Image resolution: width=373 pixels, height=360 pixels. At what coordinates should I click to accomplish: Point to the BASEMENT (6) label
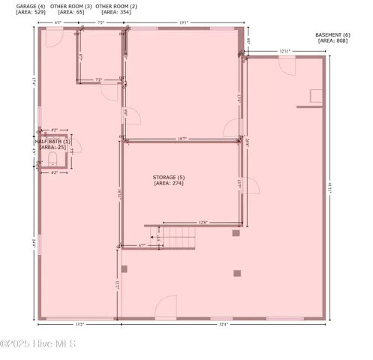pyautogui.click(x=333, y=35)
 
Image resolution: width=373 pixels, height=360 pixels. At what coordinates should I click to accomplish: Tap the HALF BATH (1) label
pyautogui.click(x=53, y=141)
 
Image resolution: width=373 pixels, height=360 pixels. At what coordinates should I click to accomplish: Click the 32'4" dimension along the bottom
pyautogui.click(x=224, y=325)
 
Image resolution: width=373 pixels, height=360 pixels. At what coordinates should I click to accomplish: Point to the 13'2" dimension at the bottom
pyautogui.click(x=79, y=325)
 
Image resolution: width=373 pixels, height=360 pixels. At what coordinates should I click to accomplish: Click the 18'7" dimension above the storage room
pyautogui.click(x=182, y=139)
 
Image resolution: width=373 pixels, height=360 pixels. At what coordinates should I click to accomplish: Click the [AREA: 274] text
pyautogui.click(x=168, y=183)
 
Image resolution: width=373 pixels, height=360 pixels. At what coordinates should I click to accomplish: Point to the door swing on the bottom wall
pyautogui.click(x=166, y=307)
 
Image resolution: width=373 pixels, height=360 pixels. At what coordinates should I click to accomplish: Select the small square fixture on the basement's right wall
pyautogui.click(x=316, y=96)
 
